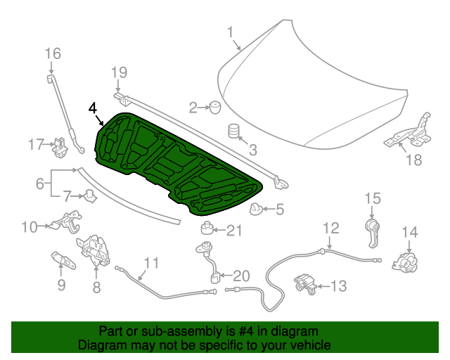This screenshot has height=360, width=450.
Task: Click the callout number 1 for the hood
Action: coord(230,32)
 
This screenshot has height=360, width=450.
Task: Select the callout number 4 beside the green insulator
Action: coord(94,108)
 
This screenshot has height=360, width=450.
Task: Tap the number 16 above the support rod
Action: coord(53,53)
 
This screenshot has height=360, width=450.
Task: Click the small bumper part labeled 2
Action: coord(213,107)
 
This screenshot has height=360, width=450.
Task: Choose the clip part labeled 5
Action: coord(257,209)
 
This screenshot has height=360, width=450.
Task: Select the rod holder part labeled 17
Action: coord(60,145)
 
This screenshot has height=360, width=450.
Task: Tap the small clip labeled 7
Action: coord(90,196)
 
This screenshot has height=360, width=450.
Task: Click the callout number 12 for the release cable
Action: coord(330,228)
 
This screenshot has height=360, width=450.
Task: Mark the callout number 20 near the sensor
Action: coord(240,276)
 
